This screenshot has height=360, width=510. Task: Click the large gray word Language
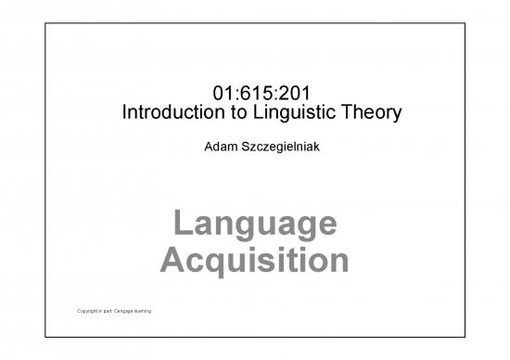(x=254, y=225)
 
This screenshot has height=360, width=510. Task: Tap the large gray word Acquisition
(x=254, y=260)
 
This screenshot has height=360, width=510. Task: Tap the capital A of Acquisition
(x=172, y=259)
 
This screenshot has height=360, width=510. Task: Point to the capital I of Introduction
(x=125, y=114)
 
